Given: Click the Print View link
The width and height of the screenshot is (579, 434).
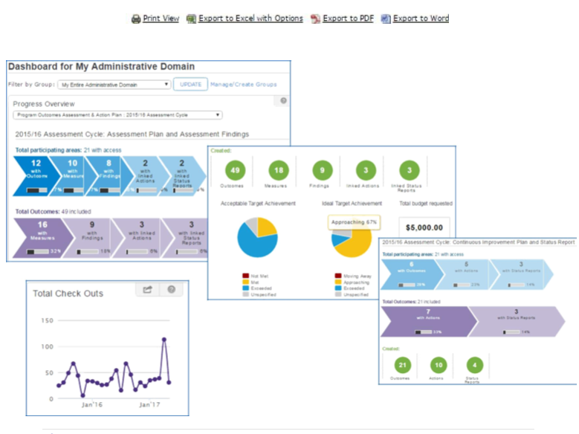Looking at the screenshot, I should coord(161,19).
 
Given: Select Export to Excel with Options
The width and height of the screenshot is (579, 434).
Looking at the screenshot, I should coord(250,19).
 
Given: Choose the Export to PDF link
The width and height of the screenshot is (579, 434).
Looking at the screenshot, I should coord(348,19).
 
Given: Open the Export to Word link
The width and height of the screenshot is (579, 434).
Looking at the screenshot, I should coord(421,19).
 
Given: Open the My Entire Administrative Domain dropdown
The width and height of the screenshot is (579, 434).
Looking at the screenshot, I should coord(114,85).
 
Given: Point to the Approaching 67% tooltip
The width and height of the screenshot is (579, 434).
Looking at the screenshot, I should coord(355,221).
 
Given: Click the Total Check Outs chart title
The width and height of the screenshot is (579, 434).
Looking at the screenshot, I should coord(68,293).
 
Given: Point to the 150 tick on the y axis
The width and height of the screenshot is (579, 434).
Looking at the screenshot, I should coord(47,320).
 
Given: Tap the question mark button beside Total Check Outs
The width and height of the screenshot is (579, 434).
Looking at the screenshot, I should coord(170,290).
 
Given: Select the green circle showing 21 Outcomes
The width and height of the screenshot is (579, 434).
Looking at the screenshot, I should coord(401,365).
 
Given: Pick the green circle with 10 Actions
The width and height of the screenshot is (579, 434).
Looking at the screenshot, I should coord(439,365).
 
